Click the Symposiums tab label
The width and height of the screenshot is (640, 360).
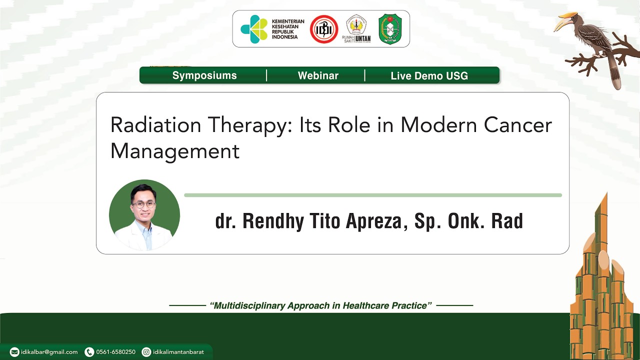pyautogui.click(x=204, y=75)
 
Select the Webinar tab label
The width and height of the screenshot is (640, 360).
pyautogui.click(x=318, y=75)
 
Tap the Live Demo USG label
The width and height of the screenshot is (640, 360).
pyautogui.click(x=429, y=76)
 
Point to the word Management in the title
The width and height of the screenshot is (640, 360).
pyautogui.click(x=174, y=151)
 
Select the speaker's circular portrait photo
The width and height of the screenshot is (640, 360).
pyautogui.click(x=144, y=215)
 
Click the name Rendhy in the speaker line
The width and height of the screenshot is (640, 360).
pyautogui.click(x=273, y=221)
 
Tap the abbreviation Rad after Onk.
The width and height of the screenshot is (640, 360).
pyautogui.click(x=506, y=221)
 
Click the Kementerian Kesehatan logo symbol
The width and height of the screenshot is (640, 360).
pyautogui.click(x=254, y=29)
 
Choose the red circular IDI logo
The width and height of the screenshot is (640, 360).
pyautogui.click(x=324, y=29)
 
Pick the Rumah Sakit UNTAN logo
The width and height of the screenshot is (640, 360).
pyautogui.click(x=356, y=29)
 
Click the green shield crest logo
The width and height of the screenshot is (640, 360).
pyautogui.click(x=390, y=29)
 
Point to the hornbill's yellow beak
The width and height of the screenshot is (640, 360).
pyautogui.click(x=564, y=22)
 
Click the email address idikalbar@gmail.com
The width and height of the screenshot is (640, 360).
pyautogui.click(x=49, y=352)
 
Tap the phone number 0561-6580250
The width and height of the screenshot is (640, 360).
pyautogui.click(x=115, y=352)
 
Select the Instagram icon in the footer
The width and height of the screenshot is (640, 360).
pyautogui.click(x=146, y=352)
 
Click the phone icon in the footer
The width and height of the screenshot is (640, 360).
pyautogui.click(x=89, y=352)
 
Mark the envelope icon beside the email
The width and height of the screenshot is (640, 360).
pyautogui.click(x=14, y=352)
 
